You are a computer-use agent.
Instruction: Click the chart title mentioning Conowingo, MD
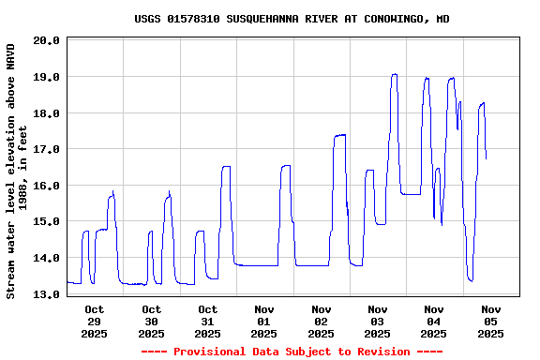point(292,19)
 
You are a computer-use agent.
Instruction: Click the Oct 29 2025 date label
point(95,321)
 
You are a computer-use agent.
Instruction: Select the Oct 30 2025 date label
point(151,321)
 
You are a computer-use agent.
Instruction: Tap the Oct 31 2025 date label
point(208,321)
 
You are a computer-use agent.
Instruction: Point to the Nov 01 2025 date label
point(264,321)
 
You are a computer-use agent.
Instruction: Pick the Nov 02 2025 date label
point(322,321)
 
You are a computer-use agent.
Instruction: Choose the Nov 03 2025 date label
point(378,321)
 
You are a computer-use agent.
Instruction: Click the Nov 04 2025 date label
point(434,321)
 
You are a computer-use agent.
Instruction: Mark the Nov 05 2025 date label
point(491,321)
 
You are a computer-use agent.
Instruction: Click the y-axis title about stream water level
point(17,171)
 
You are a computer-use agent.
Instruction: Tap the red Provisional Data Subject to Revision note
point(292,352)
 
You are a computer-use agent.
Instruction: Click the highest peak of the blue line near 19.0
point(395,74)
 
